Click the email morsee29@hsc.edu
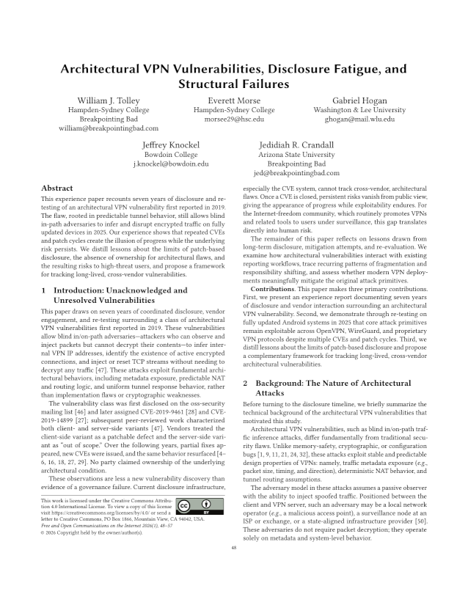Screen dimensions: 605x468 233,118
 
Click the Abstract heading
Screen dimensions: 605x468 56,188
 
